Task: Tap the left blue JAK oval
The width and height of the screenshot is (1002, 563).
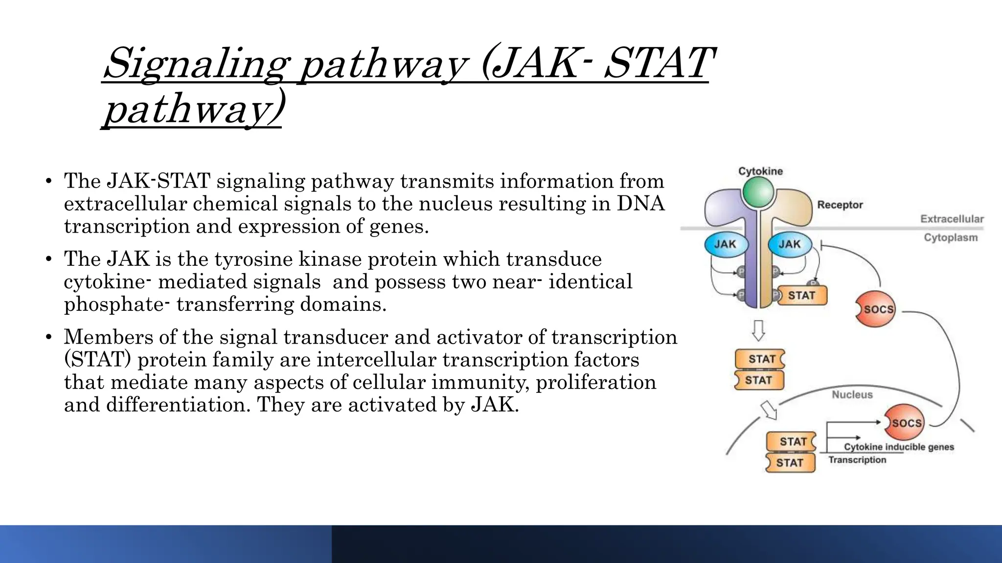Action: point(726,244)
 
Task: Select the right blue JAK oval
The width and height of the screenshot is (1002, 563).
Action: point(789,244)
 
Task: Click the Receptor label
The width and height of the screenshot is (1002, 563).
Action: point(840,205)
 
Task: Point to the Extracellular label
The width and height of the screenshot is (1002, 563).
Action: point(952,219)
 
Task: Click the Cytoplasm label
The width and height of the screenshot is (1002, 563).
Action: point(951,238)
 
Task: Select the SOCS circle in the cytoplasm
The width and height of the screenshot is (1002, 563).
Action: point(876,309)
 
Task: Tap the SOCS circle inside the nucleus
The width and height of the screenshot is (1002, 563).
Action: point(905,423)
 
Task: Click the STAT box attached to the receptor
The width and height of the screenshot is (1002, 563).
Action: point(801,296)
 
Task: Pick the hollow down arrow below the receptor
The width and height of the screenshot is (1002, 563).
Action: point(758,330)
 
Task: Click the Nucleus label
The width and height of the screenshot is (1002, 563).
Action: point(852,395)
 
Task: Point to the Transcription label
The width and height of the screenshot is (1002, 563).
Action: point(857,460)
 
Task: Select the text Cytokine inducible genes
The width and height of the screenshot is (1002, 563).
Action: point(899,447)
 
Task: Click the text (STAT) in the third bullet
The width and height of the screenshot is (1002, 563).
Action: point(97,360)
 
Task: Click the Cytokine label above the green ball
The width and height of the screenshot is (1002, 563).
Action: point(760,171)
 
